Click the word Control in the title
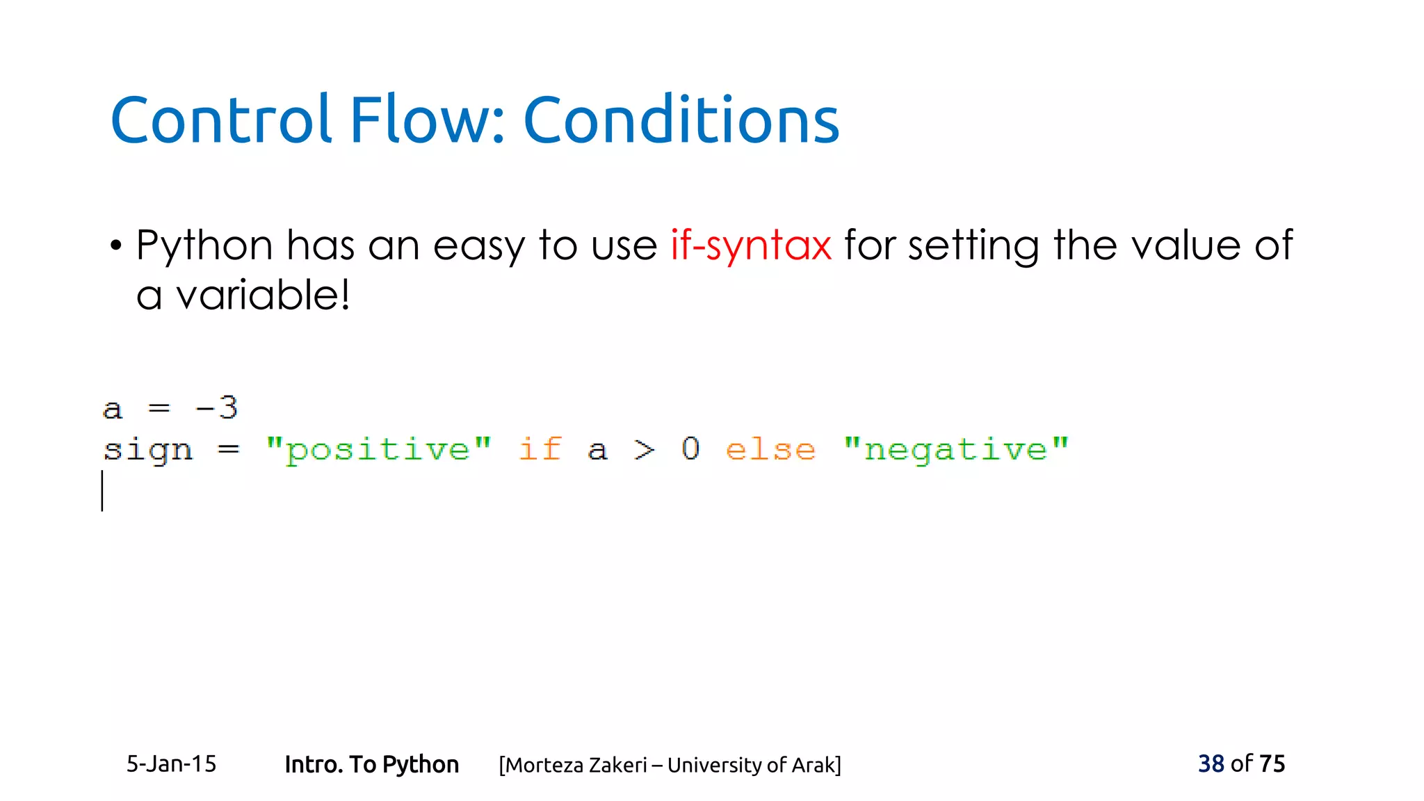tap(220, 120)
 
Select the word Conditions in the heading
tap(681, 120)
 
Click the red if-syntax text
tap(750, 245)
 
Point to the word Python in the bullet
tap(204, 247)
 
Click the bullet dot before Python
tap(116, 246)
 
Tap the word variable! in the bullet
tap(263, 295)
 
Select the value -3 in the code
tap(217, 407)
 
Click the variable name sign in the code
tap(147, 451)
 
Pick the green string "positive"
tap(378, 450)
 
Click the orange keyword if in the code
tap(540, 449)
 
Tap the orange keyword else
tap(770, 450)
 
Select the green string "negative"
tap(955, 450)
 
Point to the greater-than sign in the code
tap(645, 451)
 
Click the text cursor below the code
tap(102, 491)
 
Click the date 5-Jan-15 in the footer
tap(171, 764)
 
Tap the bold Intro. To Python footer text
tap(371, 764)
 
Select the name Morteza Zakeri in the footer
tap(576, 765)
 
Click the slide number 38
tap(1211, 763)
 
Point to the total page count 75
tap(1272, 763)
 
